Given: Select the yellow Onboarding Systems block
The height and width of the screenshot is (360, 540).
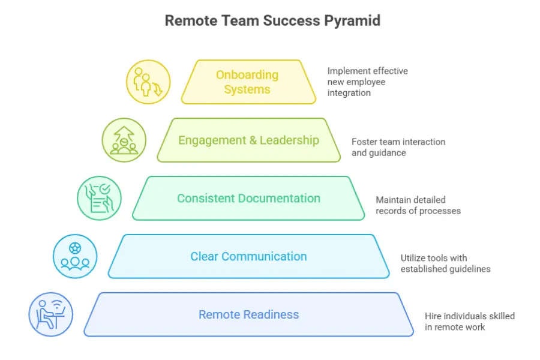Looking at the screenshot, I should (x=248, y=82).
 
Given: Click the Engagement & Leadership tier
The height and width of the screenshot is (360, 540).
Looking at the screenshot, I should (x=248, y=140).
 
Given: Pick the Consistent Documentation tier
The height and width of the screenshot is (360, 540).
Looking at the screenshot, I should (x=248, y=199).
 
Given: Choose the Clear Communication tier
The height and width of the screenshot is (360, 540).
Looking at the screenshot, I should (x=248, y=256).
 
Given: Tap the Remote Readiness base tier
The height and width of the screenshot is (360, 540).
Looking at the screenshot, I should (x=248, y=314).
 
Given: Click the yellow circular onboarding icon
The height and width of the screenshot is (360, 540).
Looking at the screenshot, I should (x=148, y=82).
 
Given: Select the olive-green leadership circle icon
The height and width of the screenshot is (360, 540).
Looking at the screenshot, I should (x=124, y=140).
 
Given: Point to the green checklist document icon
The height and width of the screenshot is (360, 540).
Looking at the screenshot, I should (x=99, y=199).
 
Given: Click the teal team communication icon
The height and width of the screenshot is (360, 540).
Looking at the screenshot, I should (x=75, y=256).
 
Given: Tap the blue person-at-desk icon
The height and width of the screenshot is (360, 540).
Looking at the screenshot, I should (x=51, y=314).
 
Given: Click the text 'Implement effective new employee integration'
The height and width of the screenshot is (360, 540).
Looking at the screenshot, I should (x=367, y=82).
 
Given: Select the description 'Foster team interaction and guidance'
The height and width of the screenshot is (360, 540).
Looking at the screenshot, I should (x=398, y=147).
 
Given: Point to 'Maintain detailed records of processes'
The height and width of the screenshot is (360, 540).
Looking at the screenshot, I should (x=418, y=205).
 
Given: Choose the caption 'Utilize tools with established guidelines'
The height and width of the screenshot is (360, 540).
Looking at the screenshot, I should (x=445, y=263).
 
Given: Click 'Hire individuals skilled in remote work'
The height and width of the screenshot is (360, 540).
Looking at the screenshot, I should (x=469, y=321).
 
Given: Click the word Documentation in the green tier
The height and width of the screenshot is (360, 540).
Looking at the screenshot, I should (x=279, y=199).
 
